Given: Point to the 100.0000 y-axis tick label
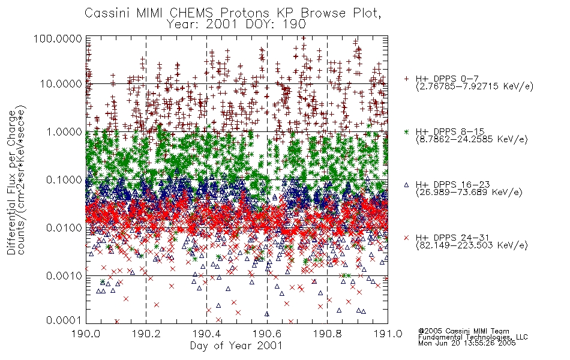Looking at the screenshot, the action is click(58, 38).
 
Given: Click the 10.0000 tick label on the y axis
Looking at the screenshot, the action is click(61, 84).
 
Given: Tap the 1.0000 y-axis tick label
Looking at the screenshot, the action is click(64, 131).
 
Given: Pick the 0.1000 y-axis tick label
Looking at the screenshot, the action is click(64, 179).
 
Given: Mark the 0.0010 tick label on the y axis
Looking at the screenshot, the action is click(64, 275).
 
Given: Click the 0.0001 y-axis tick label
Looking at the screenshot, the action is click(64, 320).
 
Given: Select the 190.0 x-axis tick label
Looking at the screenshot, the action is click(86, 334).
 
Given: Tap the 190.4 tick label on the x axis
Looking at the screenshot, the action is click(206, 334).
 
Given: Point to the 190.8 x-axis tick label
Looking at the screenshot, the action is click(327, 334).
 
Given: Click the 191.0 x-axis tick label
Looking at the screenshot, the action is click(388, 334).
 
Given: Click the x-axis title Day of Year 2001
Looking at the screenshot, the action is click(236, 346).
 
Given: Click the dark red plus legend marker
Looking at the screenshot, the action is click(406, 79).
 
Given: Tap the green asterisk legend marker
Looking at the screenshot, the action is click(406, 131).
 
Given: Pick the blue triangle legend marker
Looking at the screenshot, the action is click(406, 185).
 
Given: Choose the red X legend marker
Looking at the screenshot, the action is click(406, 238).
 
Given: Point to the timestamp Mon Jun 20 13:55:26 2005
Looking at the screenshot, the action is click(467, 343).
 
